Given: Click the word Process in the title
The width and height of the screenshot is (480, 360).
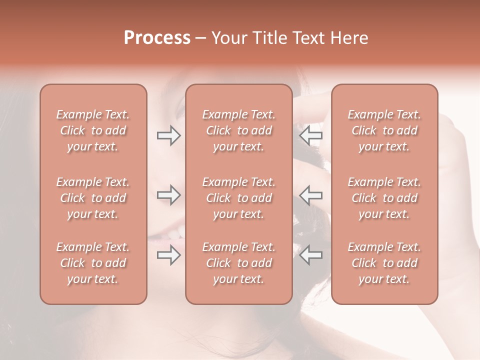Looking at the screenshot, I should tap(157, 38).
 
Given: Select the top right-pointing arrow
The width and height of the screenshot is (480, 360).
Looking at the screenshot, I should tap(168, 135).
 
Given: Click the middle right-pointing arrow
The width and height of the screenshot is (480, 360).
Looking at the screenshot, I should tap(168, 195).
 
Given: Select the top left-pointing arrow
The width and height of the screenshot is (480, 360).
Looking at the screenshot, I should tap(310, 135).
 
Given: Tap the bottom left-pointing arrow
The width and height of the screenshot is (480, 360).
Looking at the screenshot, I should tap(310, 255).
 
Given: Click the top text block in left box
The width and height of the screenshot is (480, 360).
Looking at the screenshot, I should tap(93, 130).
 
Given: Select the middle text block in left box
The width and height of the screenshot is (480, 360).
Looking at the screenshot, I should tap(93, 198).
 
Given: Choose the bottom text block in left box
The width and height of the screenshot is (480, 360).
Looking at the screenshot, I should tap(93, 263).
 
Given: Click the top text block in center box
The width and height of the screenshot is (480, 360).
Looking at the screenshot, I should tap(239, 130).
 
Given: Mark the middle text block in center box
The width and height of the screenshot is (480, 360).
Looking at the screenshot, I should tap(239, 198).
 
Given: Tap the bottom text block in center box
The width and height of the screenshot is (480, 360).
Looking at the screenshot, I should tap(239, 263).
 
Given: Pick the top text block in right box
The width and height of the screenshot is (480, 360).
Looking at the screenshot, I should tap(384, 130).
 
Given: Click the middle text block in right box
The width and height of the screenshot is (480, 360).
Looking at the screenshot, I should tap(384, 198).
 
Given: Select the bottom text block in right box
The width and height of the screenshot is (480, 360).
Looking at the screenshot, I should tap(384, 263).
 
